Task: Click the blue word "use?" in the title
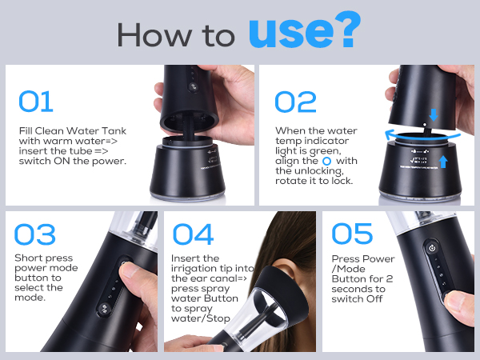click(x=305, y=30)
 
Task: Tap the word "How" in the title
click(x=154, y=34)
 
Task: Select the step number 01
click(x=36, y=102)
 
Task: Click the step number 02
click(x=295, y=102)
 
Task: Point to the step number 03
click(x=35, y=234)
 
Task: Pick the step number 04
click(x=193, y=234)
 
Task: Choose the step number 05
click(x=352, y=234)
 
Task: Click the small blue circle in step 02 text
click(x=327, y=161)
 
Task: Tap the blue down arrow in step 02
click(x=434, y=114)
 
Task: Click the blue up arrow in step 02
click(x=443, y=162)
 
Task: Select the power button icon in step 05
click(x=432, y=248)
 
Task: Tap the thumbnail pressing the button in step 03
click(x=130, y=271)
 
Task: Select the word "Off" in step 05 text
click(x=374, y=298)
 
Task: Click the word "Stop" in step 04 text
click(x=218, y=318)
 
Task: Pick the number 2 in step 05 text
click(x=389, y=279)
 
